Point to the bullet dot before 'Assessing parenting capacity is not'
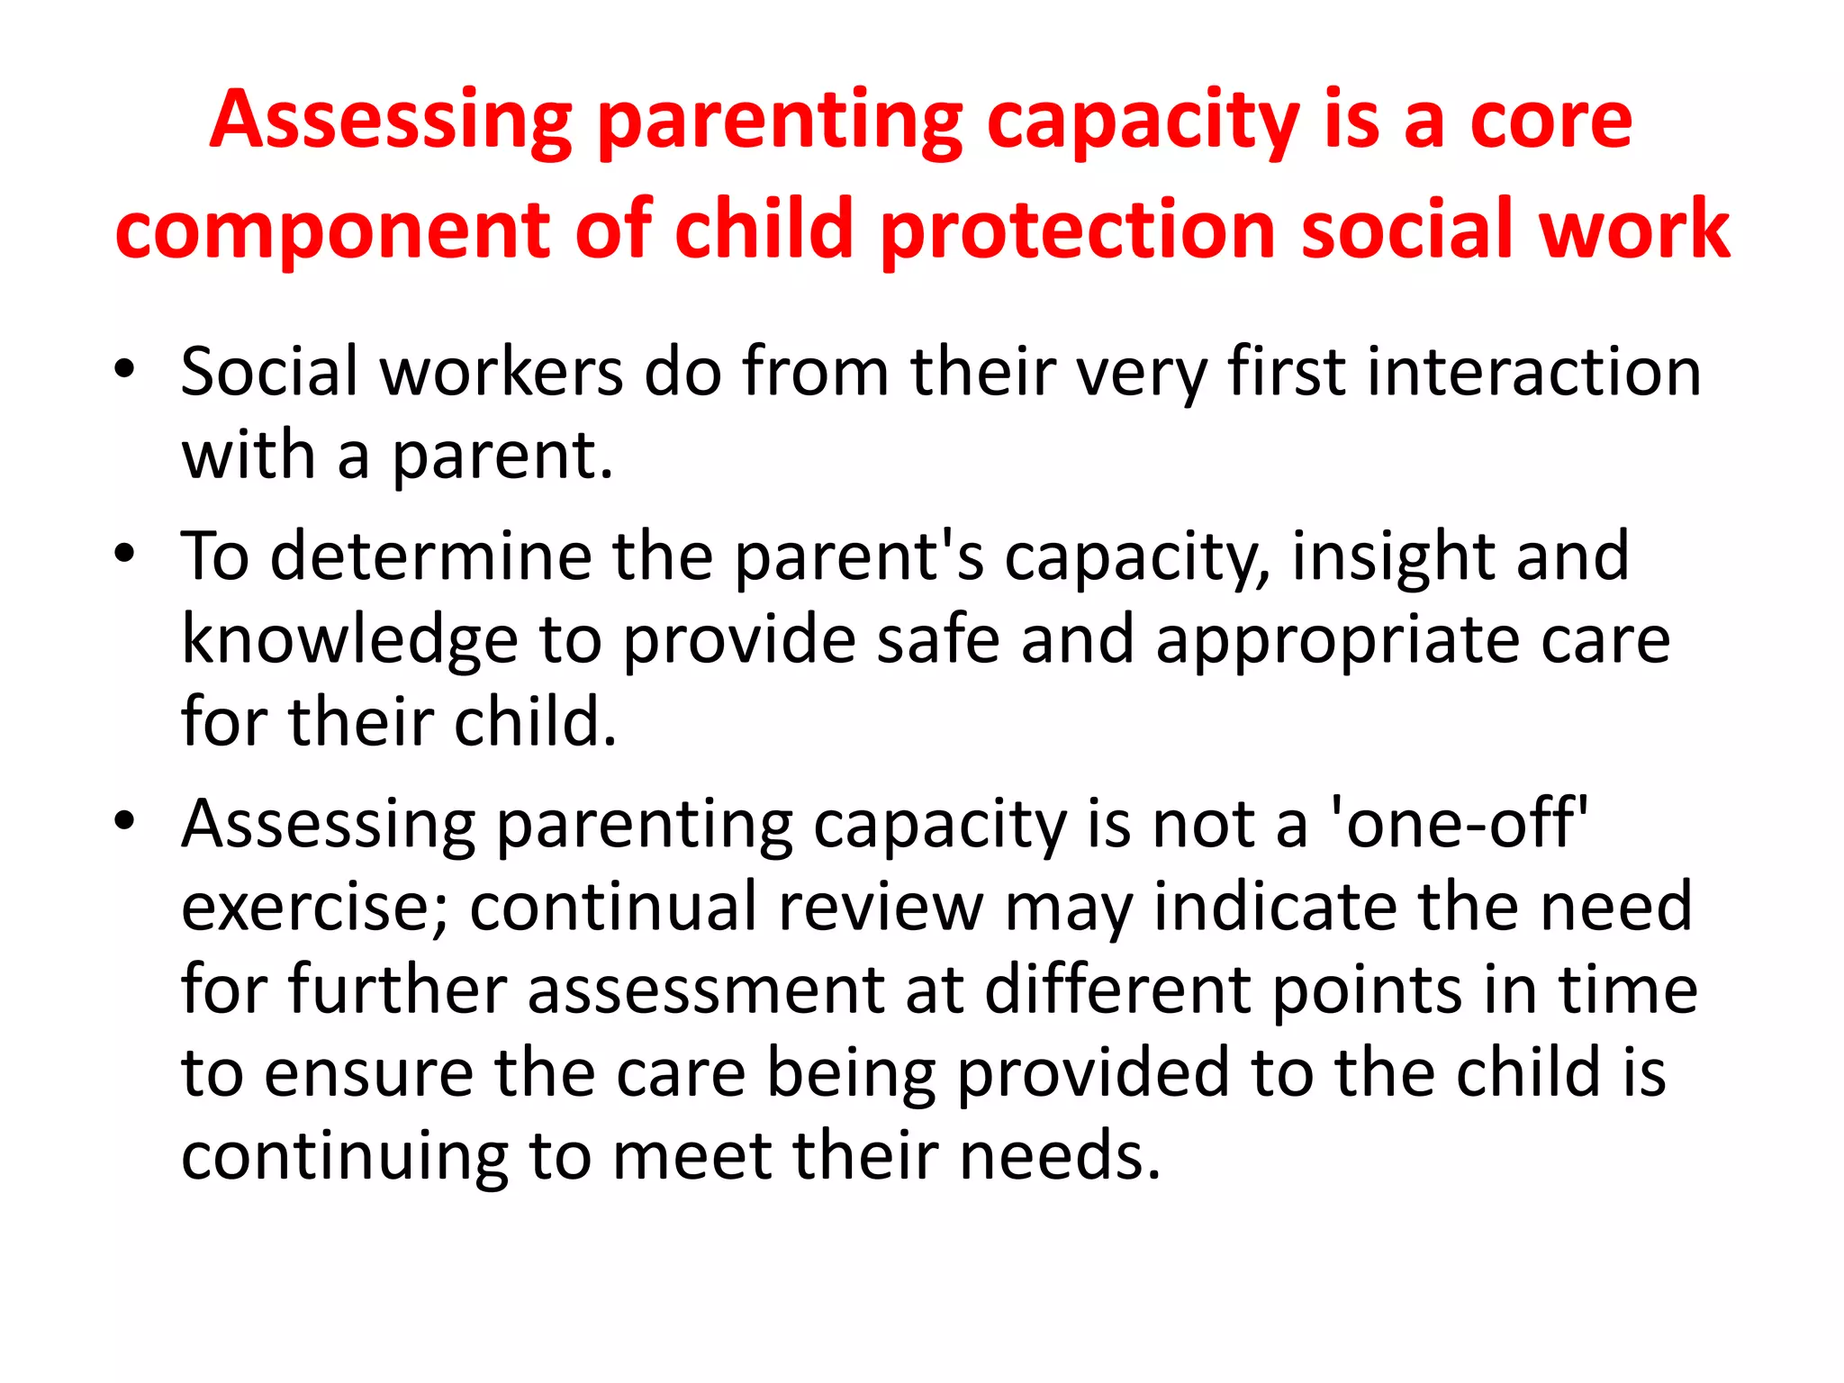(x=124, y=820)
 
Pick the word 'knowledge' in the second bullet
(x=349, y=641)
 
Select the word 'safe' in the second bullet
(x=937, y=641)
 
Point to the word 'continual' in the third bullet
(x=613, y=907)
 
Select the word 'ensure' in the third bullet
(x=368, y=1074)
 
